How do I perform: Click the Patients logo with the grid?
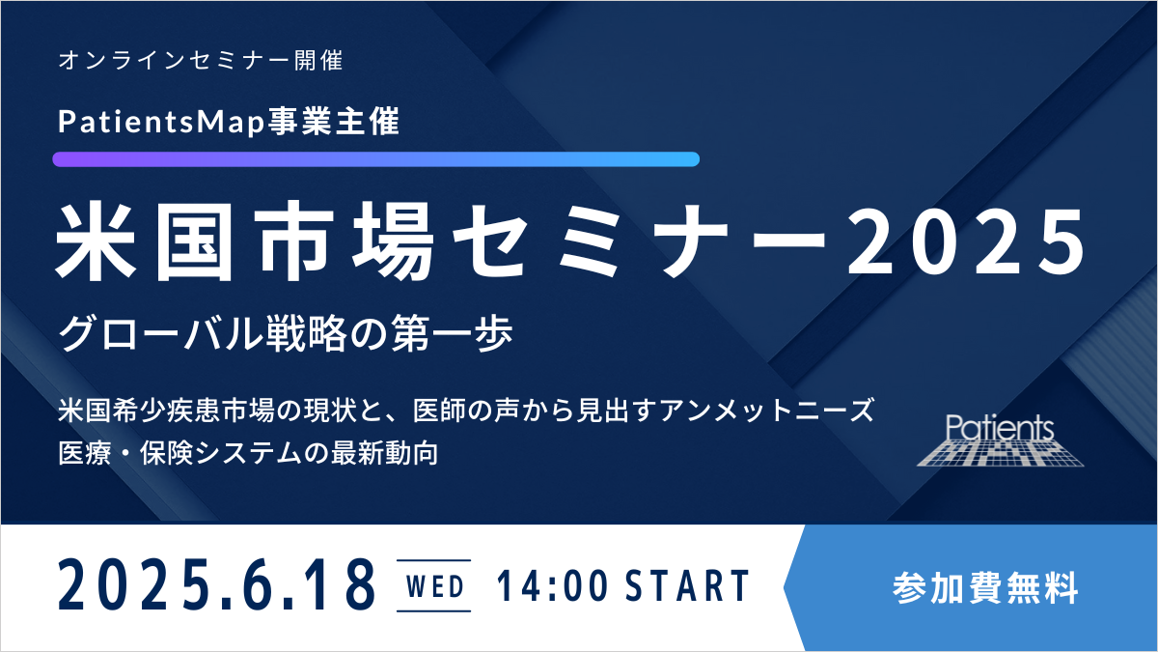[x=1000, y=439]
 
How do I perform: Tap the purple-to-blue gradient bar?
[x=375, y=158]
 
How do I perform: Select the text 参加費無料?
[x=985, y=588]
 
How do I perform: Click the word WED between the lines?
[x=435, y=586]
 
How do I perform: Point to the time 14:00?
[x=552, y=585]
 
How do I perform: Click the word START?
[x=687, y=585]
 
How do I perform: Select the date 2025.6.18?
[x=216, y=584]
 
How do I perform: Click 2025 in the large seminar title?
[x=965, y=241]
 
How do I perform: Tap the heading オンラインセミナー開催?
[x=201, y=60]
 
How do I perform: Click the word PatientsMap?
[x=161, y=122]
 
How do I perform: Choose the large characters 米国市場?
[x=245, y=241]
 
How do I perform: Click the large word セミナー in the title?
[x=640, y=241]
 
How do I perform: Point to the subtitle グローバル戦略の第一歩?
[x=286, y=334]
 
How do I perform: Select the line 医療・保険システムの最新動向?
[x=248, y=453]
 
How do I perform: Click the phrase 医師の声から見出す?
[x=535, y=411]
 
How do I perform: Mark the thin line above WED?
[x=433, y=560]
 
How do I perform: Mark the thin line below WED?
[x=433, y=611]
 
